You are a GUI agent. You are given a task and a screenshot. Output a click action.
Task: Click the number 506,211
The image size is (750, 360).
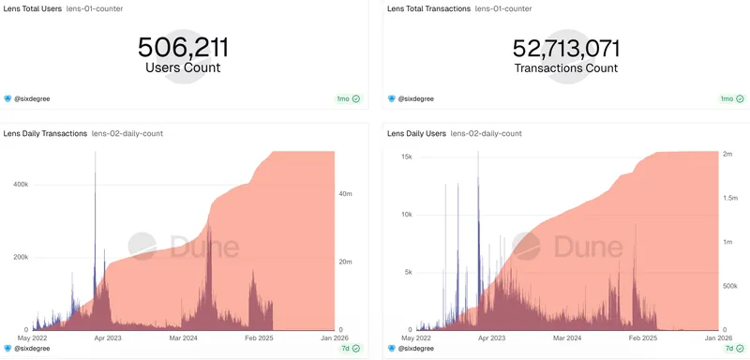(x=183, y=47)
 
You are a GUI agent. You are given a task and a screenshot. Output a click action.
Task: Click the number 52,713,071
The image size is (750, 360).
(x=566, y=48)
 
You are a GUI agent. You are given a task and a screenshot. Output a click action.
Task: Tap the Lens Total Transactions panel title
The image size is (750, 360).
(x=427, y=8)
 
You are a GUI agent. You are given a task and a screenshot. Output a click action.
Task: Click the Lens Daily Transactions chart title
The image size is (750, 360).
(x=45, y=134)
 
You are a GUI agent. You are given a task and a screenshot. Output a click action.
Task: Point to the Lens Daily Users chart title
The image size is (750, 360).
(x=415, y=134)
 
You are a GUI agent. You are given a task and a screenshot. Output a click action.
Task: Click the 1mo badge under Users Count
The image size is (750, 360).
(x=348, y=98)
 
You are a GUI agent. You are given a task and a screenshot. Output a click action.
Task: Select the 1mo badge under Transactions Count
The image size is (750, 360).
(x=731, y=98)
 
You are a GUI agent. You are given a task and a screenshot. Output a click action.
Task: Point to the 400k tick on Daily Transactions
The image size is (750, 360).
(x=20, y=185)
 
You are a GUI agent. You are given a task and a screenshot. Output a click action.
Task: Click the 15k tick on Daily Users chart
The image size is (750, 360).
(x=407, y=157)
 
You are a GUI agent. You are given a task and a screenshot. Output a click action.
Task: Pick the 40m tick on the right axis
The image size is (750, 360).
(x=344, y=194)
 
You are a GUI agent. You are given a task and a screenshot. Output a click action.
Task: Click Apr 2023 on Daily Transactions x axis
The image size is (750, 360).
(x=107, y=337)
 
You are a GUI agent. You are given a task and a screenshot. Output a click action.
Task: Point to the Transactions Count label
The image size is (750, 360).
(x=566, y=68)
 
